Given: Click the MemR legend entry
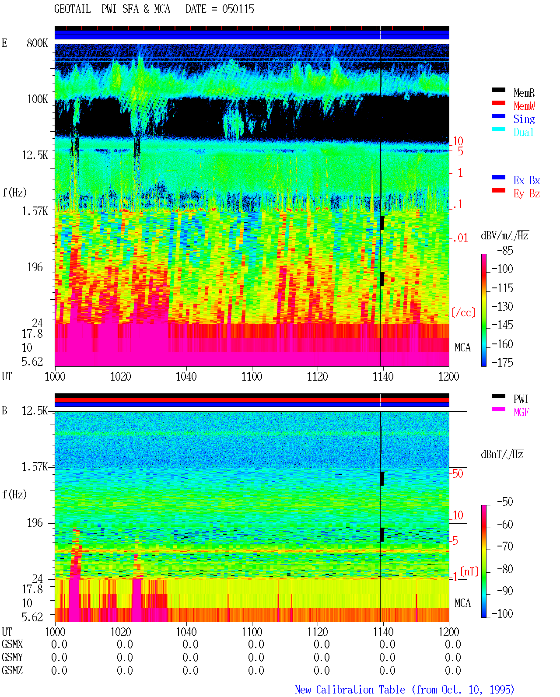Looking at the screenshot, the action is (524, 93).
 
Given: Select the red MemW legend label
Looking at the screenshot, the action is (524, 106).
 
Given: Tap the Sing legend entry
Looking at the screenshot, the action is (524, 119).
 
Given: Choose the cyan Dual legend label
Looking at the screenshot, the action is (523, 132).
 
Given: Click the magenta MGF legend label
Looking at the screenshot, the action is (521, 412).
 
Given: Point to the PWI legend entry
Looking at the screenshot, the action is (521, 399).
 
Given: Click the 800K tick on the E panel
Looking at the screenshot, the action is (37, 43).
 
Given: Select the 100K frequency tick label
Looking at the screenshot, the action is (37, 99).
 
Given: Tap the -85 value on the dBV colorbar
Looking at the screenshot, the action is (505, 251).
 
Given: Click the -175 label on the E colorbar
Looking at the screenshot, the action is (502, 362).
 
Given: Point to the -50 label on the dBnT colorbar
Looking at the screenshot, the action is (505, 502).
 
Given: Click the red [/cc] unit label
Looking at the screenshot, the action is (463, 312).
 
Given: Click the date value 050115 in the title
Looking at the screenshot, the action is (238, 9).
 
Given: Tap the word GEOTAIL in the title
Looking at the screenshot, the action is (73, 9).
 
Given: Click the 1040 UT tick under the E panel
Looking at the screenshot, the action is (186, 377).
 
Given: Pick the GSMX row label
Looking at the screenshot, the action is (12, 644).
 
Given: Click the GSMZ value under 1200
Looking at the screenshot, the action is (453, 670).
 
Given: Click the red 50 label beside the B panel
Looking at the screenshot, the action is (458, 474).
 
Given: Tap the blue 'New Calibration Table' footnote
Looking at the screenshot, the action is (350, 690).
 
